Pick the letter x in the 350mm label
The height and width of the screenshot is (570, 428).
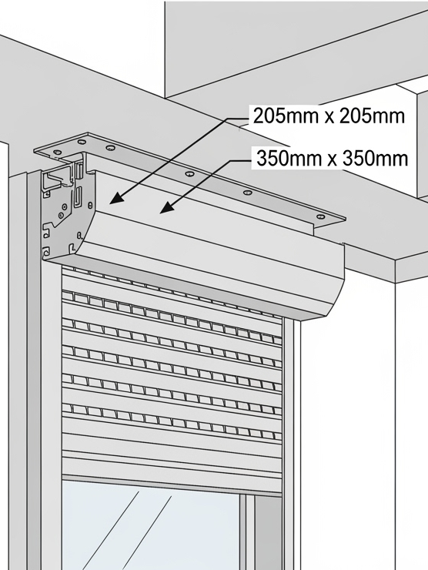click(x=333, y=160)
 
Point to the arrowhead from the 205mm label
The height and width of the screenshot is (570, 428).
click(x=117, y=197)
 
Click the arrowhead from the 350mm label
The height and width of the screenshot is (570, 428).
click(x=167, y=207)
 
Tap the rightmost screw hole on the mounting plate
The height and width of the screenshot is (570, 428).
click(x=320, y=217)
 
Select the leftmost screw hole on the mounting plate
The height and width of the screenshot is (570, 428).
click(x=56, y=152)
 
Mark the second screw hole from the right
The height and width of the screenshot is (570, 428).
click(x=248, y=193)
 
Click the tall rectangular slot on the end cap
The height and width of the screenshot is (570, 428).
click(x=78, y=196)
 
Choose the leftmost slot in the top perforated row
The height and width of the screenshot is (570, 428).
click(x=68, y=296)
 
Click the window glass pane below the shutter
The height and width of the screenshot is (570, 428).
click(x=151, y=527)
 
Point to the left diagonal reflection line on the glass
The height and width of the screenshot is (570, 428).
click(x=111, y=531)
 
